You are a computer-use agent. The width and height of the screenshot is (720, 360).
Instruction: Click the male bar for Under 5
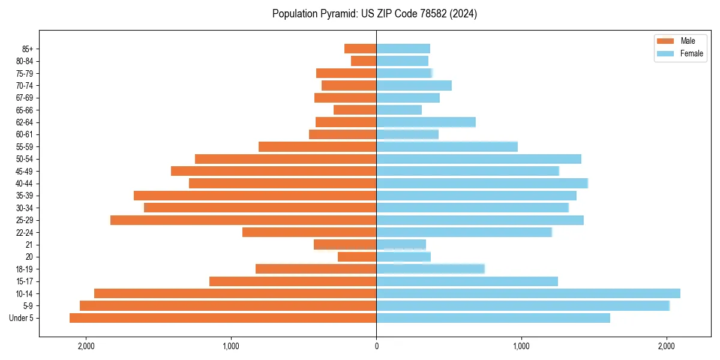tap(223, 318)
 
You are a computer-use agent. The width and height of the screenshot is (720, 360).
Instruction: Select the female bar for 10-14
tap(528, 293)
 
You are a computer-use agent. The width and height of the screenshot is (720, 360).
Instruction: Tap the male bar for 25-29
tap(243, 220)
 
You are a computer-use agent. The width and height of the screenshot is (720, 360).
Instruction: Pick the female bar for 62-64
tap(426, 122)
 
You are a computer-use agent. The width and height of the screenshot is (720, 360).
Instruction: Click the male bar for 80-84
tap(364, 61)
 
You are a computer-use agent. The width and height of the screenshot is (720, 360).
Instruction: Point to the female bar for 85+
tap(403, 49)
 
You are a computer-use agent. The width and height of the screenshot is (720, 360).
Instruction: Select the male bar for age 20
tap(357, 257)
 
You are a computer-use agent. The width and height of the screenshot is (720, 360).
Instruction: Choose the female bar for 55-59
tap(447, 147)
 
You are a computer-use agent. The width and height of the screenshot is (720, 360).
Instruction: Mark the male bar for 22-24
tap(309, 232)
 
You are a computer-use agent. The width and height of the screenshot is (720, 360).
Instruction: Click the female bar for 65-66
tap(399, 110)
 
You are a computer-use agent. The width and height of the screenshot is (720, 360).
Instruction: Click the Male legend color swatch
tap(665, 41)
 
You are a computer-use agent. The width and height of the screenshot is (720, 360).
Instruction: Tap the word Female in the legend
tap(691, 53)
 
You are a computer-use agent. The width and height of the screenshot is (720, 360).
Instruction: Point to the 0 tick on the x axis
tap(376, 346)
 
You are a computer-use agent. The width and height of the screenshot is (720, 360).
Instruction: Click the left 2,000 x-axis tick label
tap(86, 346)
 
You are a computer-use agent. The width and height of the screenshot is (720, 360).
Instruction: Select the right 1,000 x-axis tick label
tap(521, 346)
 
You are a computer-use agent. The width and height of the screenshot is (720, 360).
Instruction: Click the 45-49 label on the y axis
tap(25, 172)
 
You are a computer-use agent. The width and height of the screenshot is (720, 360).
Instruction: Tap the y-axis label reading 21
tap(29, 245)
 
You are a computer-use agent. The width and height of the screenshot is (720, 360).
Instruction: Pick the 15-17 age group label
tap(25, 281)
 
